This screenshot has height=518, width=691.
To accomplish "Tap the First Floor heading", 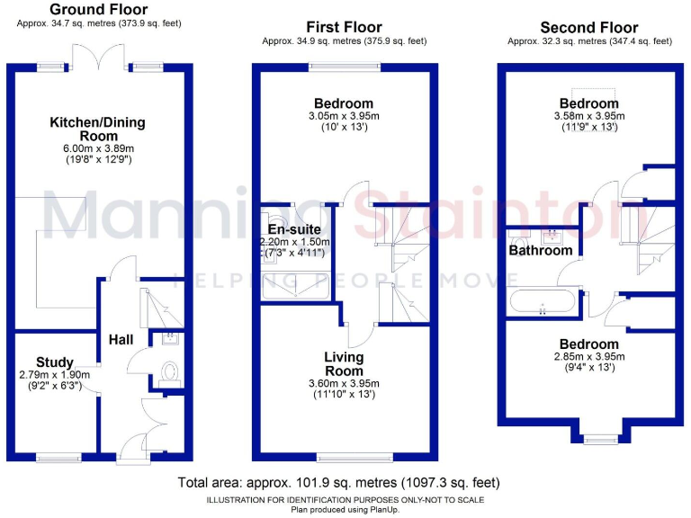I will click(x=344, y=27).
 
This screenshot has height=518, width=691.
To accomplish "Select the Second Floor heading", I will click(x=589, y=28).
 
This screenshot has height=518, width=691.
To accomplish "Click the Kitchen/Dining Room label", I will click(x=97, y=129).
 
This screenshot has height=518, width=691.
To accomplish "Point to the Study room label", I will click(x=55, y=363).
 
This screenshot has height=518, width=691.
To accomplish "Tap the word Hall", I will click(x=121, y=340).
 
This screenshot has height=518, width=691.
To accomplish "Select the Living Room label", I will click(x=344, y=364).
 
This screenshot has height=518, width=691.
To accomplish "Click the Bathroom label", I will click(x=540, y=251).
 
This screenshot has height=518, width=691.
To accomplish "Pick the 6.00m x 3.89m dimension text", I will click(x=97, y=149).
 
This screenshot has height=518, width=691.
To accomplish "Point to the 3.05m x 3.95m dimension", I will click(x=344, y=116).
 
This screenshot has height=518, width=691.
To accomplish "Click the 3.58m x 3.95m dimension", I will click(x=589, y=115).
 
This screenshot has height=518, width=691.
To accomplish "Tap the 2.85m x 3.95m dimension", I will click(x=589, y=357).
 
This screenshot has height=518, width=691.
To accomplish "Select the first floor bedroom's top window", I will click(x=344, y=66).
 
